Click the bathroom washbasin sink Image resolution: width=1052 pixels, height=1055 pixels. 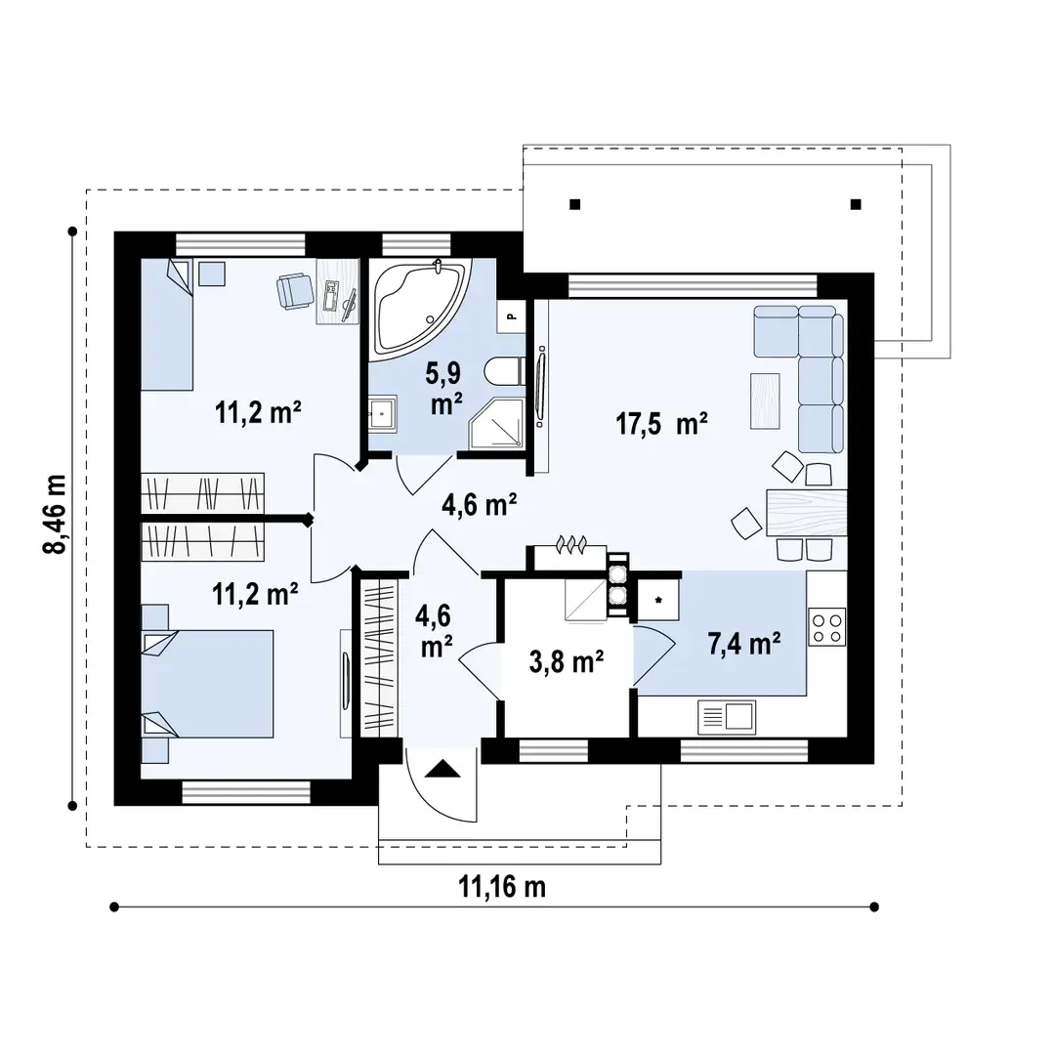pos(383,413)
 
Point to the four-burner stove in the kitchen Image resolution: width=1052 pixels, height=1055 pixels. pos(826,627)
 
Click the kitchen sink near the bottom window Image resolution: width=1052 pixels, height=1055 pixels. pos(727,717)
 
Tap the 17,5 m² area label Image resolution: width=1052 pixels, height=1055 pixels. pos(662,425)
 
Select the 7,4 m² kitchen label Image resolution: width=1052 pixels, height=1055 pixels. pos(744,644)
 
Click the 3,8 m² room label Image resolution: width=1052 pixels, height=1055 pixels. pos(567,662)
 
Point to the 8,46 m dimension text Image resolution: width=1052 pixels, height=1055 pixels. pos(55,514)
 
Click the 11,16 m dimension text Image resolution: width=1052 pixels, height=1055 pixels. pos(502,887)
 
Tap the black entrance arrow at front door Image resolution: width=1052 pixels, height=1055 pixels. pos(442,768)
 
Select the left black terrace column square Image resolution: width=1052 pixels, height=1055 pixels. pos(574,204)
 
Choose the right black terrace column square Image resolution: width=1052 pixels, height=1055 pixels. pos(856,204)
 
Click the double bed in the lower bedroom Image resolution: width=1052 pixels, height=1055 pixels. pos(207,684)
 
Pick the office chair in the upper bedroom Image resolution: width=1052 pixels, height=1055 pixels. pos(295,291)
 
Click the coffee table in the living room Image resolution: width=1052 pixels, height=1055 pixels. pos(765,401)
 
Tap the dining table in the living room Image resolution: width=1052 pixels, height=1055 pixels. pos(807,512)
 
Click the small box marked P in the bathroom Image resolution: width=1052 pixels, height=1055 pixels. pos(511,316)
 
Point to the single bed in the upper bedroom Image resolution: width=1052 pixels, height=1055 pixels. pos(167,324)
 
